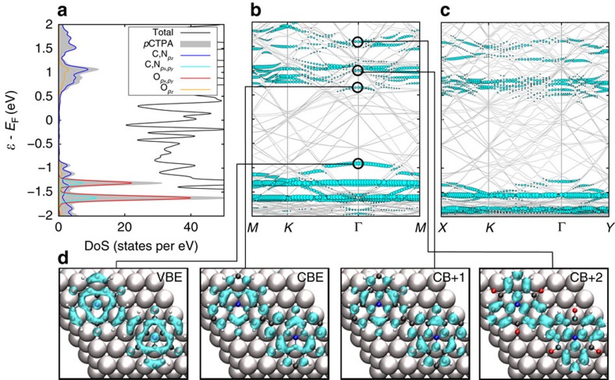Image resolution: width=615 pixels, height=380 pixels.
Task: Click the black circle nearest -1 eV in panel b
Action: pos(358,163)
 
